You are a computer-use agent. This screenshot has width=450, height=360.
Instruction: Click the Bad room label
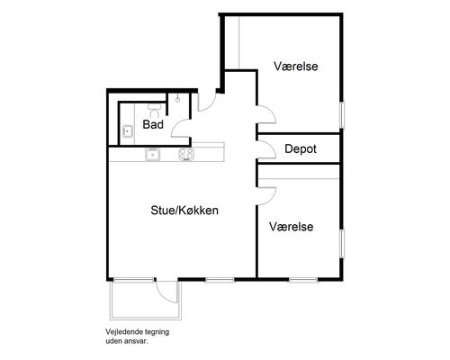153,124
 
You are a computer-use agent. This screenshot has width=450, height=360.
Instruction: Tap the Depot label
301,148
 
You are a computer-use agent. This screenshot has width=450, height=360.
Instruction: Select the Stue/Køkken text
184,211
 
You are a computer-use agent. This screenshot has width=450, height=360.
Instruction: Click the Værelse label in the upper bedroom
296,66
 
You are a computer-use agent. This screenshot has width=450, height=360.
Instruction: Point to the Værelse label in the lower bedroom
291,227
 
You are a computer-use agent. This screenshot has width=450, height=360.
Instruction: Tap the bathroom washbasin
128,131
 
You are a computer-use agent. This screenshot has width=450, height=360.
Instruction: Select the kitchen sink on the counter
153,155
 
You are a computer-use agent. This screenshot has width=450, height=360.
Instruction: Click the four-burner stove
186,155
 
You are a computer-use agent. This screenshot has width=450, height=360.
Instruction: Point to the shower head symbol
178,99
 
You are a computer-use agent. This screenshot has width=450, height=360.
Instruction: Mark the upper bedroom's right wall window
342,115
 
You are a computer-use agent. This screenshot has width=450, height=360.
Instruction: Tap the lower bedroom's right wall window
342,243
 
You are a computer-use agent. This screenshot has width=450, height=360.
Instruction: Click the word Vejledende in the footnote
121,332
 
